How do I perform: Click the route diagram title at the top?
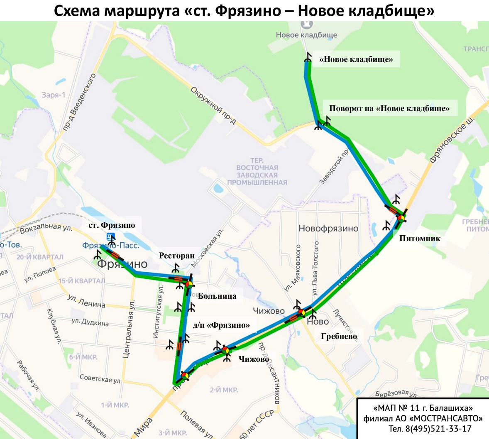[244, 11]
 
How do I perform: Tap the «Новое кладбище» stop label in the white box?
[356, 59]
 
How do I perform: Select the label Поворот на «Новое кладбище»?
[389, 109]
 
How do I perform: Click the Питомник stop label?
[420, 239]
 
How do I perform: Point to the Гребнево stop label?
[339, 337]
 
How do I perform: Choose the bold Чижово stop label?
[253, 359]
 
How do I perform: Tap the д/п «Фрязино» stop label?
[221, 325]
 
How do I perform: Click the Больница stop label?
[217, 296]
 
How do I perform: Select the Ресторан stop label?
[176, 256]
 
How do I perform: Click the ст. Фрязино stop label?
[112, 225]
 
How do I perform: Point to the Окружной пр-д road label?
[213, 105]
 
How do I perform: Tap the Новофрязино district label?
[328, 229]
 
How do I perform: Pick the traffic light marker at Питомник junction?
[401, 217]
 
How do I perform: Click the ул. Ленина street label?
[86, 302]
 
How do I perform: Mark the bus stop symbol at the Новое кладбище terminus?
[308, 58]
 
